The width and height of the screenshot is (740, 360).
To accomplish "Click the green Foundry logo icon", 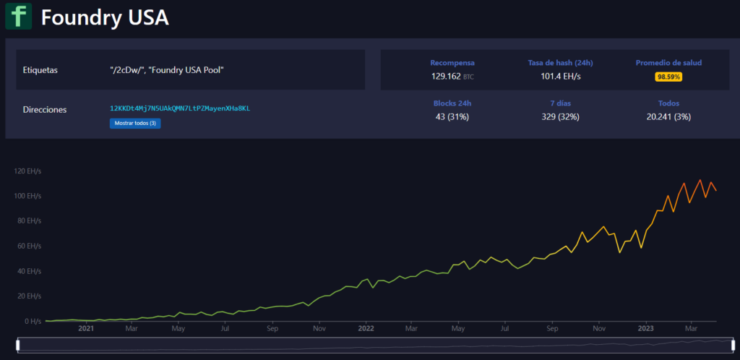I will [x=18, y=16].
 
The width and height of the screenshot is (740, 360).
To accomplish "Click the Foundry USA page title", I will [x=105, y=17].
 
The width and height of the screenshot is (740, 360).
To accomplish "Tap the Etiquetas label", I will [x=40, y=70].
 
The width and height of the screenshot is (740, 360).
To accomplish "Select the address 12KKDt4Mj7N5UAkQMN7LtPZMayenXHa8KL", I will [x=179, y=108].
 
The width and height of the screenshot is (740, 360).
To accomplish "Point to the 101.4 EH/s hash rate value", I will [x=560, y=76].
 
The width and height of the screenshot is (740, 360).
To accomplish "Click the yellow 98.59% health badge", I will [x=668, y=77].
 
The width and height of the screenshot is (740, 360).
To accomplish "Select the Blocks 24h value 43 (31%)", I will [x=452, y=116].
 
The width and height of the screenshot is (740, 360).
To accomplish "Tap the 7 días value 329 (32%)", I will [x=560, y=116].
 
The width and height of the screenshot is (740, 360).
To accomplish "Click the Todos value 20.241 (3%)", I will [x=668, y=116].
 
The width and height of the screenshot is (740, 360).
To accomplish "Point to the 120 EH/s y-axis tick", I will [x=27, y=171].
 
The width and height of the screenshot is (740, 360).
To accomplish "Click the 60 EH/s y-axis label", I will [x=29, y=247].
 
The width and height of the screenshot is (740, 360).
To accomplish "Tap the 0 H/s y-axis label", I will [x=31, y=322].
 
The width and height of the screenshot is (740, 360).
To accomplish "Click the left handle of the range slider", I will [x=18, y=345].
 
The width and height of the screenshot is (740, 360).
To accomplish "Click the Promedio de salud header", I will [x=668, y=63].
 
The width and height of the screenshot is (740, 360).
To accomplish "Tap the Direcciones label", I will [x=45, y=110].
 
